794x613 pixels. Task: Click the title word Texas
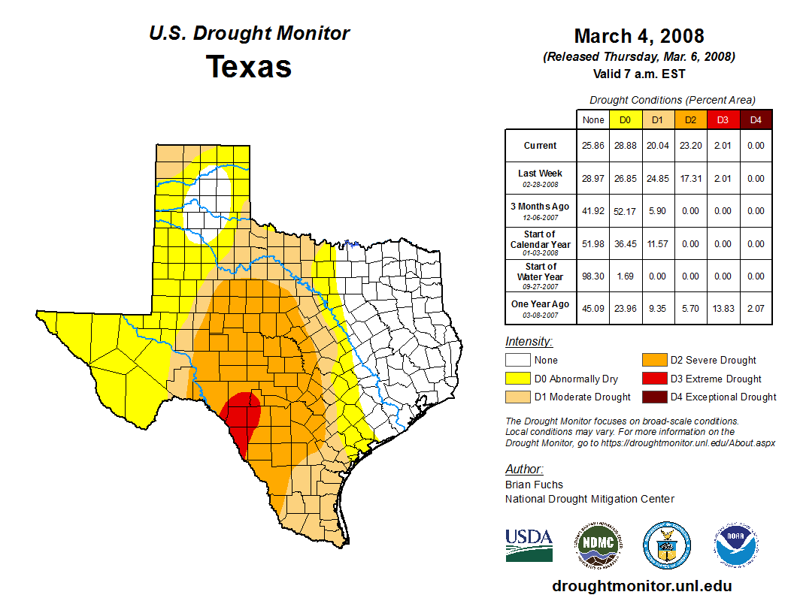[249, 67]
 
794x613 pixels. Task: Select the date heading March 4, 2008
[638, 36]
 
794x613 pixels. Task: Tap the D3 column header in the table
[723, 120]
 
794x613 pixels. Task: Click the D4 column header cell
[756, 120]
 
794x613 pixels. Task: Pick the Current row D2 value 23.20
[690, 146]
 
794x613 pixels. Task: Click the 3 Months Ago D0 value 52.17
[625, 211]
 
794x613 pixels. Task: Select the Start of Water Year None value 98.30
[593, 276]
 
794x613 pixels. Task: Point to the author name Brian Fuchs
[534, 485]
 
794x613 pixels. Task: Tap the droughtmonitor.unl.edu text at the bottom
[641, 586]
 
